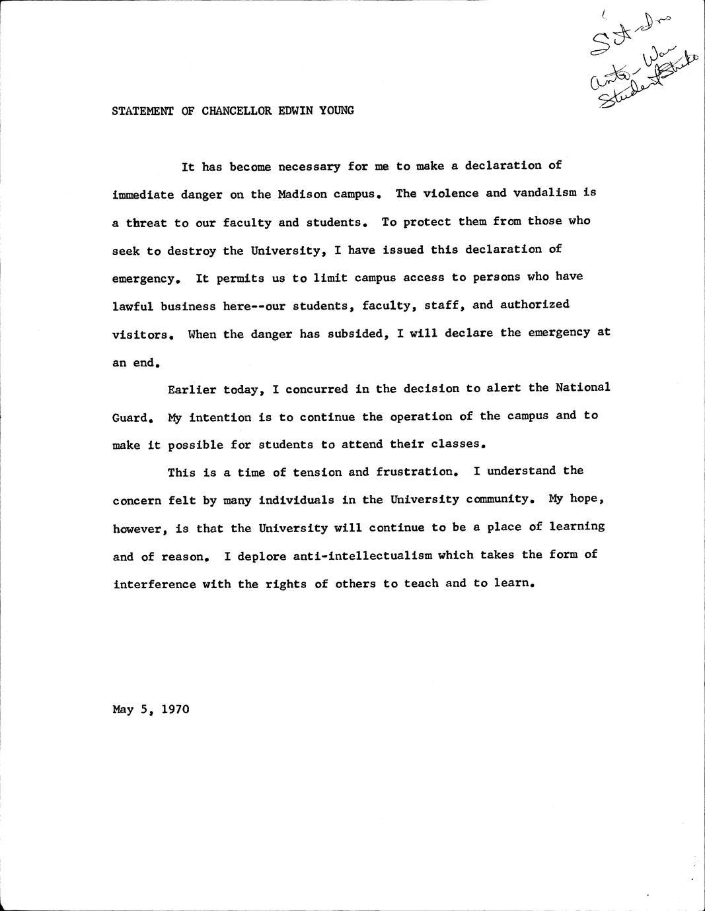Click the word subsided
pos(357,334)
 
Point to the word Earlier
pos(192,389)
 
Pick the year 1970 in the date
pos(175,710)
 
